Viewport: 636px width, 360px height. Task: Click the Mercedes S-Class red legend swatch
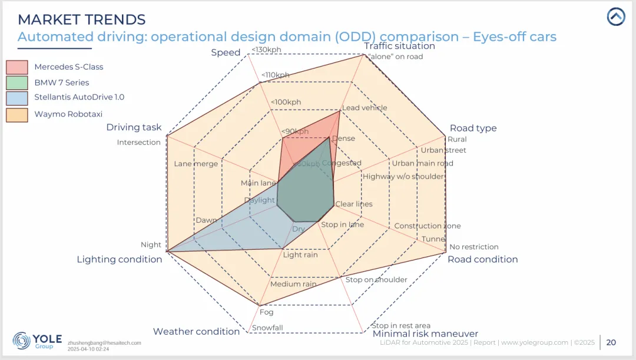coord(16,67)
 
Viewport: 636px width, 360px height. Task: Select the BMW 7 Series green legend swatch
coord(16,82)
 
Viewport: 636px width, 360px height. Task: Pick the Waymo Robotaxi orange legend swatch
coord(16,114)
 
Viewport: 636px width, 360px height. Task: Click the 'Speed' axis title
coord(226,52)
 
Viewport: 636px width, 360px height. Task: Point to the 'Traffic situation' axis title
coord(399,46)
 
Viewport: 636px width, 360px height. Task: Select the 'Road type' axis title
coord(473,128)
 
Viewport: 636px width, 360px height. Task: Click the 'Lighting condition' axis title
coord(120,259)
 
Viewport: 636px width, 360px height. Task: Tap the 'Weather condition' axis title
coord(196,331)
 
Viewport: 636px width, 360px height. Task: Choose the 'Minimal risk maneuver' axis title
coord(425,334)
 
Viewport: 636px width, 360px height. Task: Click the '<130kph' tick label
coord(266,49)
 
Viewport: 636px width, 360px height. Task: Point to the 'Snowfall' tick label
coord(267,328)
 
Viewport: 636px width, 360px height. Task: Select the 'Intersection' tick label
coord(138,142)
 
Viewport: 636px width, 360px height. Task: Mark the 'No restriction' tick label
coord(473,247)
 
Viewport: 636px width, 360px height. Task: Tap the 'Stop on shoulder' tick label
coord(376,279)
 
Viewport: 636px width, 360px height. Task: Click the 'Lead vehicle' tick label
coord(365,108)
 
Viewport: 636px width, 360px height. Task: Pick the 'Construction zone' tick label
coord(427,226)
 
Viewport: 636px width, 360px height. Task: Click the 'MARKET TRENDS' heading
coord(81,19)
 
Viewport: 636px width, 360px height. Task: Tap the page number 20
coord(611,342)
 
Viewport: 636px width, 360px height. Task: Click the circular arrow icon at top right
coord(615,17)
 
